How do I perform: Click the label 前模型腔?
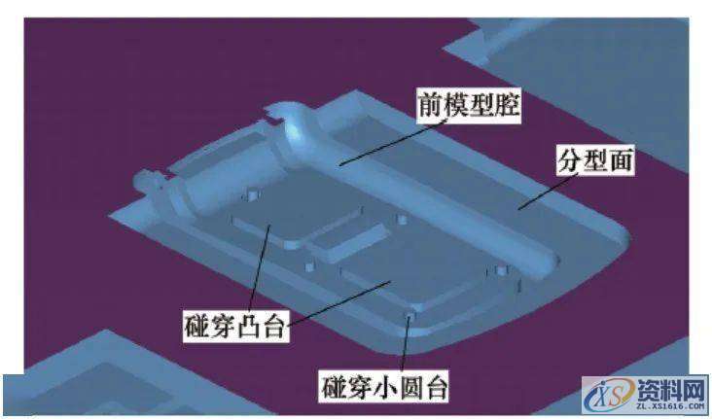tap(469, 106)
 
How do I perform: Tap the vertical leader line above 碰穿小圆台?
tap(409, 344)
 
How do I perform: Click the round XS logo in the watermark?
tap(601, 397)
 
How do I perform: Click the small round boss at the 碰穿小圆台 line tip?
tap(410, 315)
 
